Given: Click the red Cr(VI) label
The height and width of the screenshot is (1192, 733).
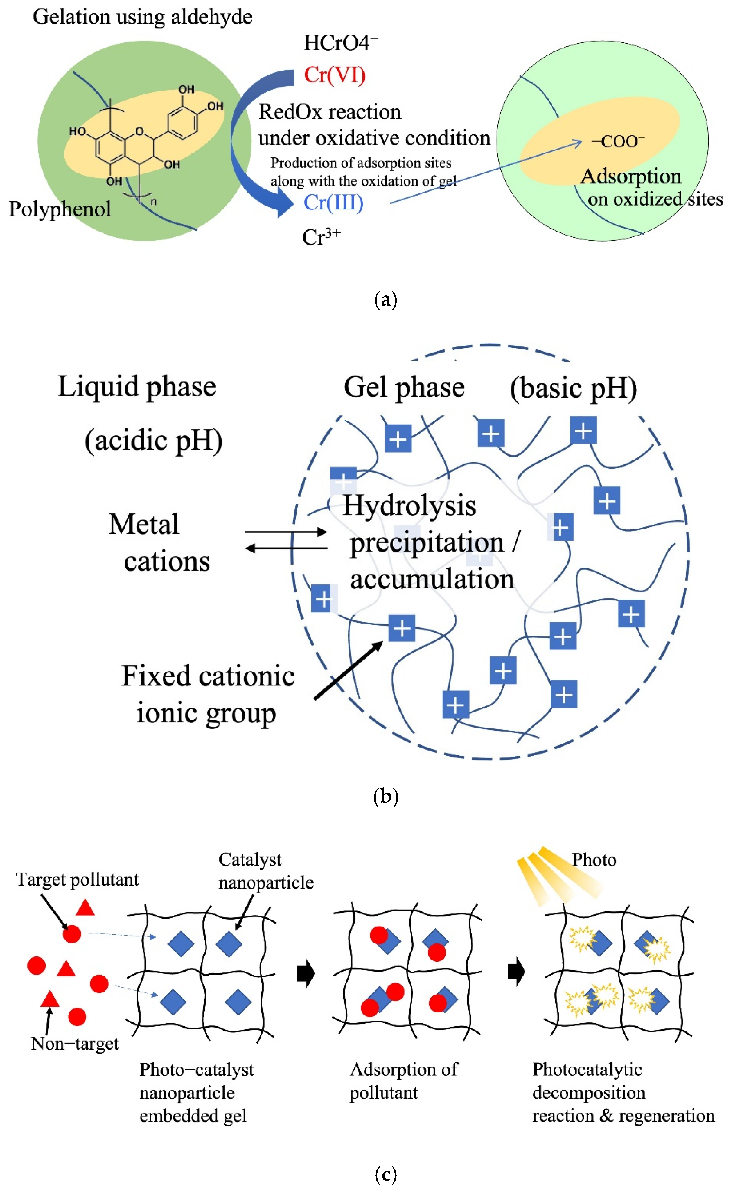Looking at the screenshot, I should (x=335, y=75).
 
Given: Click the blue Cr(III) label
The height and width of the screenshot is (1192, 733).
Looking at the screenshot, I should (x=333, y=202).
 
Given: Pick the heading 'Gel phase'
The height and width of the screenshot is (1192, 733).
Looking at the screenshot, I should (x=404, y=388).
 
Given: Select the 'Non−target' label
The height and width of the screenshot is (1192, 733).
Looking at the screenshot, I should (x=75, y=1044).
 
